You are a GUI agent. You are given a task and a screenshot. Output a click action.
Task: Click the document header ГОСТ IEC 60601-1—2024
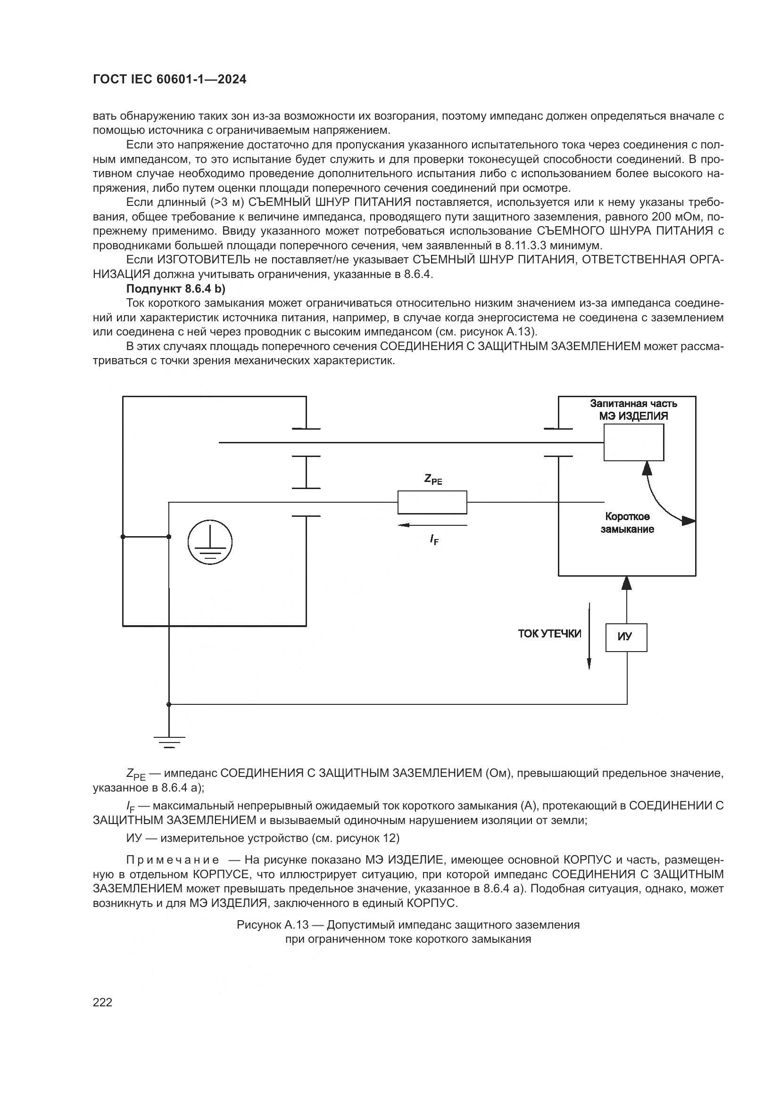click(169, 79)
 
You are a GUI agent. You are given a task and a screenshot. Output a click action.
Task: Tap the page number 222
click(102, 1002)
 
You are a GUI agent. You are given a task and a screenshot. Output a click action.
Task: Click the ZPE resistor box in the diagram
click(432, 502)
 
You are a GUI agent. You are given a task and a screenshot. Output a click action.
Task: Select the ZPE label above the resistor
click(433, 479)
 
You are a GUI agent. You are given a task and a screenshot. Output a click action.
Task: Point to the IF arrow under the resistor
click(432, 525)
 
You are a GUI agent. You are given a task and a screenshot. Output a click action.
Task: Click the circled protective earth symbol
click(210, 544)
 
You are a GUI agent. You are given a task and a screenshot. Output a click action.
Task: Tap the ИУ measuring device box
click(626, 637)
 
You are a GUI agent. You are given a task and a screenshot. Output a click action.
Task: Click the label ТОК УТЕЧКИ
click(549, 634)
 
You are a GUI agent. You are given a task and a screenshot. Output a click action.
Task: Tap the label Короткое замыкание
click(627, 522)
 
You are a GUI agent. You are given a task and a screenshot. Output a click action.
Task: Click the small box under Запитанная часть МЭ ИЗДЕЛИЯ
click(633, 442)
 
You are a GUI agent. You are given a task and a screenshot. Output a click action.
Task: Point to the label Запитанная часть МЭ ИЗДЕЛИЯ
click(633, 409)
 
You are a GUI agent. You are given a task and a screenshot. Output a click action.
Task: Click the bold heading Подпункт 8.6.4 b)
click(175, 288)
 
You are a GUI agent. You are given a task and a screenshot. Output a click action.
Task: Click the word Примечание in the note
click(173, 860)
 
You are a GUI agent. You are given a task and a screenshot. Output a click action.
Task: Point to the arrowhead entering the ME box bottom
click(626, 583)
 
